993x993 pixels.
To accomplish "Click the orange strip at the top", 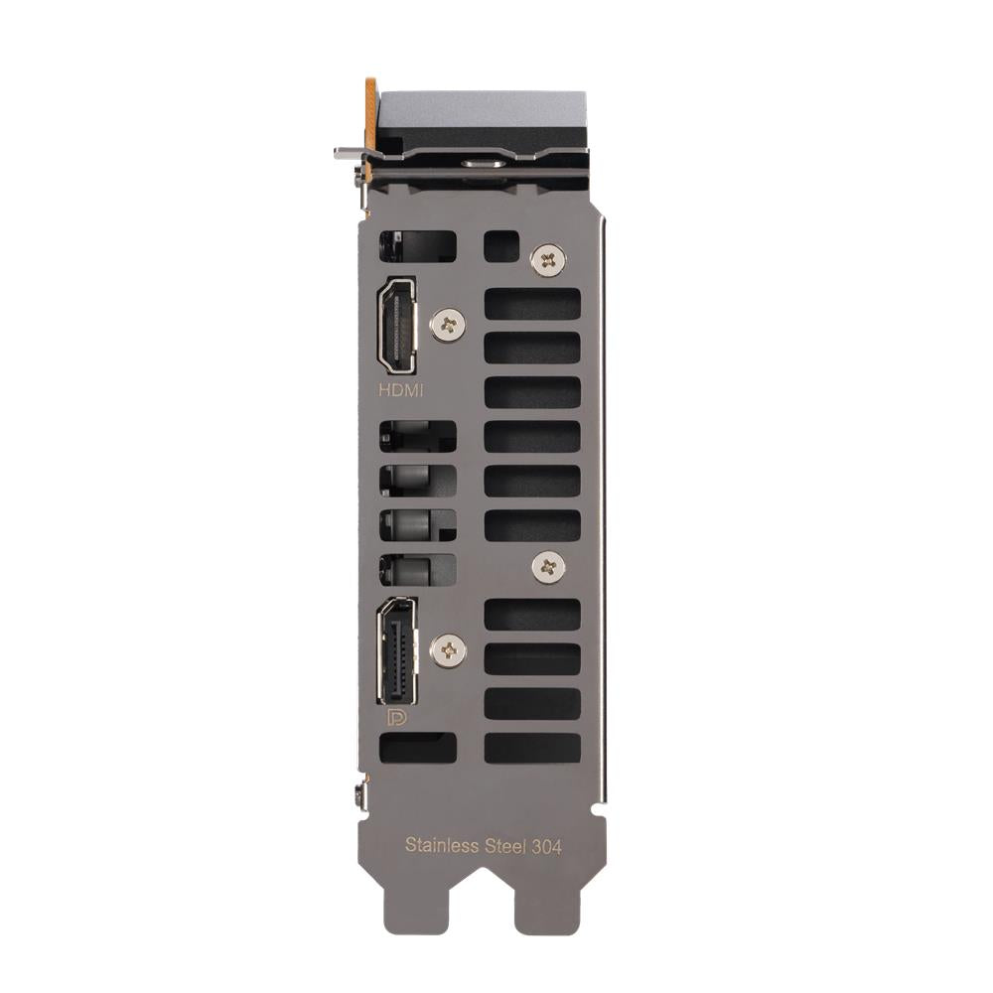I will tap(370, 119).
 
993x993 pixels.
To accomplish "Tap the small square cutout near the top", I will tap(501, 247).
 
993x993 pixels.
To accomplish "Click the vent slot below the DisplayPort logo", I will tap(418, 748).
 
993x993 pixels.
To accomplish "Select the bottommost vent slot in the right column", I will tap(532, 748).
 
